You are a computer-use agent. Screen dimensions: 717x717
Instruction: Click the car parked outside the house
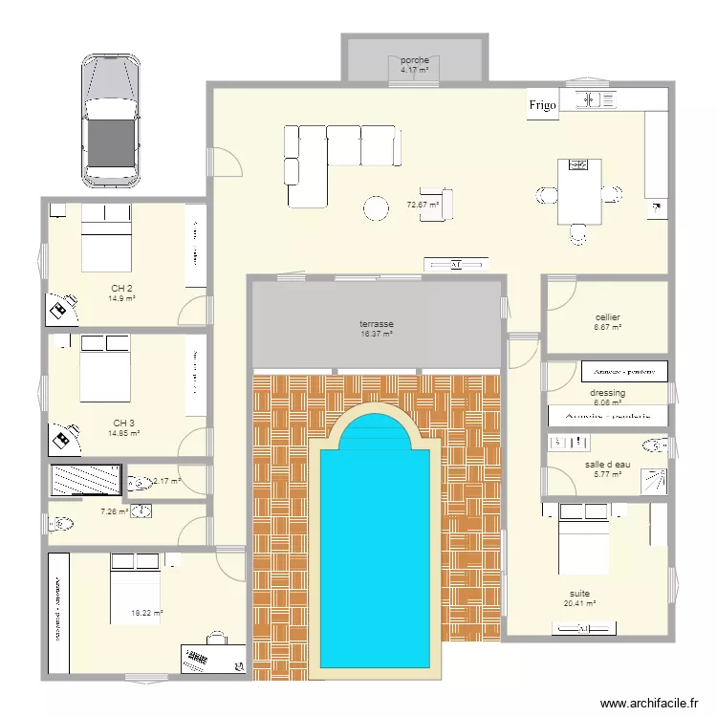point(111,119)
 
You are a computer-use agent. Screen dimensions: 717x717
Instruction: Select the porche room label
point(414,60)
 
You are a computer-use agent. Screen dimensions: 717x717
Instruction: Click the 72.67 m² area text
point(422,205)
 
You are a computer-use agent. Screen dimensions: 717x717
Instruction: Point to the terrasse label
point(377,325)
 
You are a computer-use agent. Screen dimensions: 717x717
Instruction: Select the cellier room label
point(607,317)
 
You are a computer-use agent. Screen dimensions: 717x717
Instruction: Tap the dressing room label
point(607,393)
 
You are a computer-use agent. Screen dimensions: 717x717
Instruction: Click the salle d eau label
point(607,465)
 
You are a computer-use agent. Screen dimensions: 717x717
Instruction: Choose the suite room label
point(579,593)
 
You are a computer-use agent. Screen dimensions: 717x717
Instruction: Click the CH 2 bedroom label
point(121,288)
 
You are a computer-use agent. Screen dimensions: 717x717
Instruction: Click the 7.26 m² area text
point(115,511)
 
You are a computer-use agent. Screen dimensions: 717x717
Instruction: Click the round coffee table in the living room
point(376,207)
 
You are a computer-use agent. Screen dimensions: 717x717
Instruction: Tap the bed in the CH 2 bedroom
point(105,239)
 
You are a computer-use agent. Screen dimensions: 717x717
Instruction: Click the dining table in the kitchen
point(579,191)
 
